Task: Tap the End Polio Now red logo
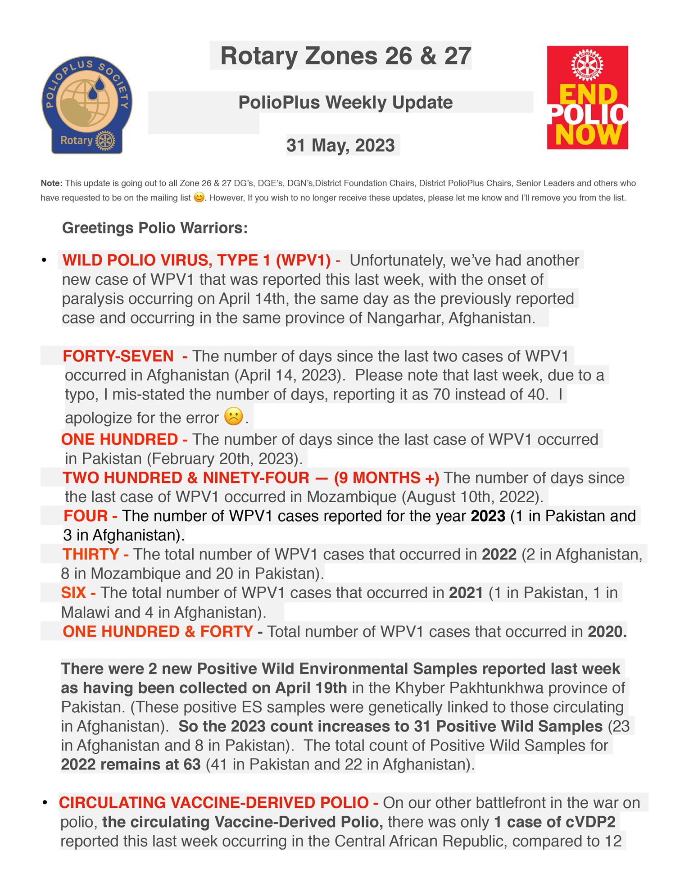click(x=587, y=97)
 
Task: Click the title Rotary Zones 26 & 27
click(x=345, y=56)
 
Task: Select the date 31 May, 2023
click(x=341, y=146)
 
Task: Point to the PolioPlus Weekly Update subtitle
click(x=345, y=102)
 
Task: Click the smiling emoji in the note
click(x=199, y=197)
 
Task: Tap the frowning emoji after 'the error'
click(x=233, y=416)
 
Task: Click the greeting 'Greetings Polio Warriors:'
click(x=155, y=228)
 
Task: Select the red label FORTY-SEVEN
click(x=118, y=356)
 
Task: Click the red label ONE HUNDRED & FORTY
click(x=158, y=632)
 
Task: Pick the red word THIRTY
click(x=91, y=554)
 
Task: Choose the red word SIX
click(x=73, y=592)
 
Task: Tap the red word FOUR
click(x=86, y=516)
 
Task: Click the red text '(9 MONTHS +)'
click(x=386, y=478)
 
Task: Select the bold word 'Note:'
click(x=51, y=183)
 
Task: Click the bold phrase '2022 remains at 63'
click(x=131, y=765)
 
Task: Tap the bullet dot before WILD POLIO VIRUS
click(x=44, y=260)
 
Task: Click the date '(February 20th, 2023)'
click(x=225, y=459)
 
